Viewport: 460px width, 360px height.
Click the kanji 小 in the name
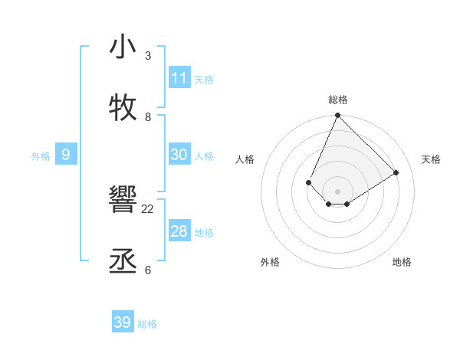point(123,47)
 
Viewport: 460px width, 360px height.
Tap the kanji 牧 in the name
point(123,107)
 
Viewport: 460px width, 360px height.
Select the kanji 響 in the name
point(123,201)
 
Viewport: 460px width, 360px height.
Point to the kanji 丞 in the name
point(123,261)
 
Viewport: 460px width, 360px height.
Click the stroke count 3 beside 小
point(148,56)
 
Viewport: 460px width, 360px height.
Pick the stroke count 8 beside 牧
point(148,116)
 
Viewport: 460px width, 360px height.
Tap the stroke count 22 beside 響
point(148,209)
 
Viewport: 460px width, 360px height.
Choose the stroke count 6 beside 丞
point(148,270)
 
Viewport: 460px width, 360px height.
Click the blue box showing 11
point(179,78)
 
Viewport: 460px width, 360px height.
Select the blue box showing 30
point(179,155)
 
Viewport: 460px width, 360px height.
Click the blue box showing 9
point(66,155)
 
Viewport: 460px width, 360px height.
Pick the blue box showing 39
point(123,322)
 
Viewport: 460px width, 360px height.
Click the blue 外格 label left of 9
point(41,156)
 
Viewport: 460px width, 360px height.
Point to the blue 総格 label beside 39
point(148,324)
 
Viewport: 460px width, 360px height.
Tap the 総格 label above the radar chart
point(338,100)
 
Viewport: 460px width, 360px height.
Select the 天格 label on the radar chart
point(431,159)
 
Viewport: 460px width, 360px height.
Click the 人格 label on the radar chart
point(245,159)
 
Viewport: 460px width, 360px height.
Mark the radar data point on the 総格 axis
point(337,116)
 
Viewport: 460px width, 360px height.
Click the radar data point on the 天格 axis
point(396,172)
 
